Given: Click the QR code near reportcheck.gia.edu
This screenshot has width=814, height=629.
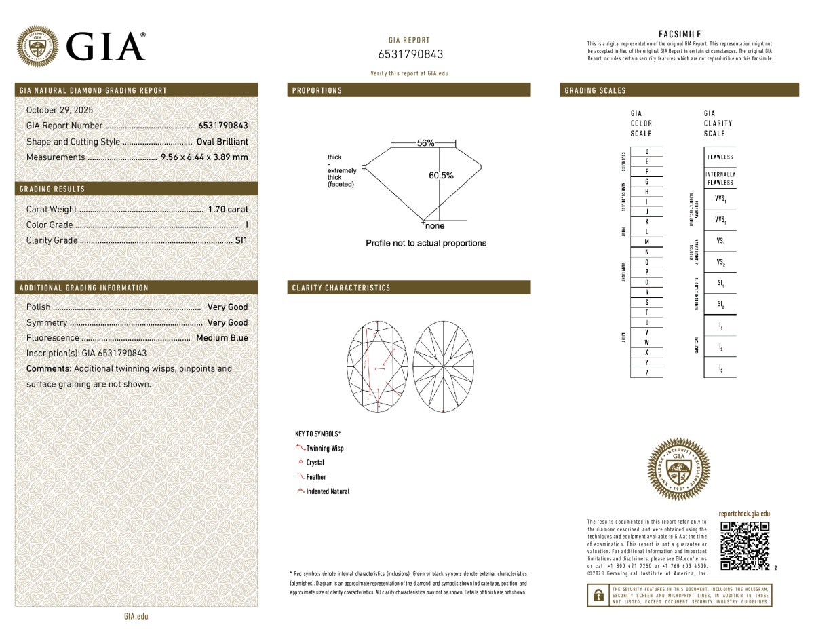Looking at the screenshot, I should coord(744,546).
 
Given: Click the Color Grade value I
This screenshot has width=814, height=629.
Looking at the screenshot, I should coord(246,225).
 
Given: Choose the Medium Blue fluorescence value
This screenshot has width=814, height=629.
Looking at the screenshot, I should coord(222,338).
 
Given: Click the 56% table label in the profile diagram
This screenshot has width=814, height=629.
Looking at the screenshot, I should coord(425,143).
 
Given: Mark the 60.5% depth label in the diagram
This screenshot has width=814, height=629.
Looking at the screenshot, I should coord(441,176).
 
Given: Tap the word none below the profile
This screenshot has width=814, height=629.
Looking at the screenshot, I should coord(435,226).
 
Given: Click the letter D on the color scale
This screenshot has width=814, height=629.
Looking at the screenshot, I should coord(646,151).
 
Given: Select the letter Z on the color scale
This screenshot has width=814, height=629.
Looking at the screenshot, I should coord(646,373).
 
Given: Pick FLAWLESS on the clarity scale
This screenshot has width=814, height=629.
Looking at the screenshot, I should coord(720,157).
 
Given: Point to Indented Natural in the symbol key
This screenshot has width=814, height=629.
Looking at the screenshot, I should coord(327,491).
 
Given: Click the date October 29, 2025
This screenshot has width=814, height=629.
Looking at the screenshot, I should coord(60,110).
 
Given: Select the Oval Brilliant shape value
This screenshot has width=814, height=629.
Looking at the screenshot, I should coord(222,142).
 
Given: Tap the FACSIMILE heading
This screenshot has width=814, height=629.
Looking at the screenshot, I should coord(680,34).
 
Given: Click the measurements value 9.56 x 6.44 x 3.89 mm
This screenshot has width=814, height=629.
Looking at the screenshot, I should coord(204,157).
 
